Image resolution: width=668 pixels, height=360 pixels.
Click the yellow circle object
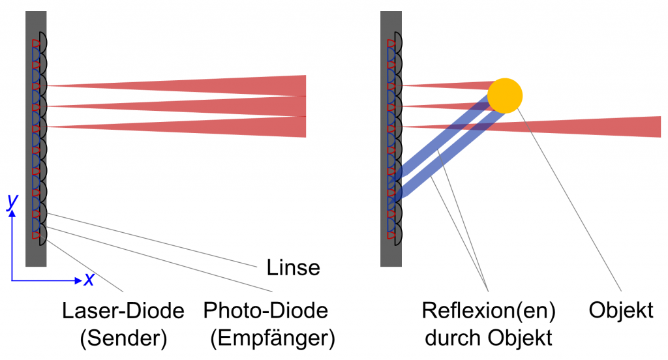coord(505,95)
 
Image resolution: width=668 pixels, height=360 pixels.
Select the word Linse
coord(294,267)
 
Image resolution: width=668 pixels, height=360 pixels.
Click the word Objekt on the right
coord(620,310)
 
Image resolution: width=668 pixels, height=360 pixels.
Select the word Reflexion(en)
coord(489,310)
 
